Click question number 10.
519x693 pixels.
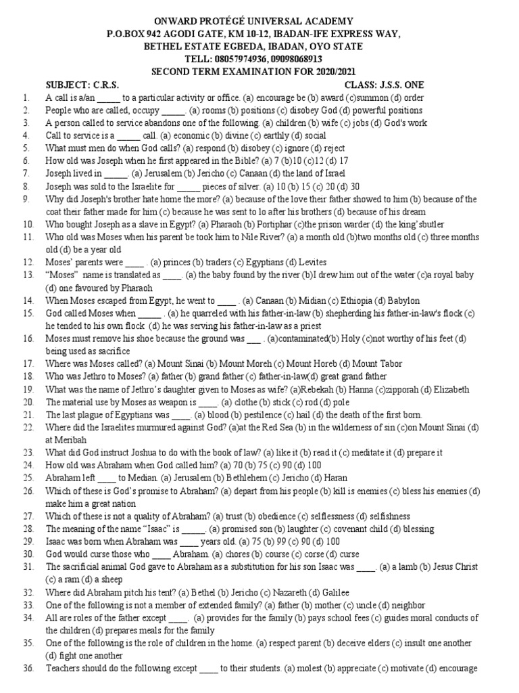[27, 224]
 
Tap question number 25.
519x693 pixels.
[27, 478]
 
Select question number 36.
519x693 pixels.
[27, 669]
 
